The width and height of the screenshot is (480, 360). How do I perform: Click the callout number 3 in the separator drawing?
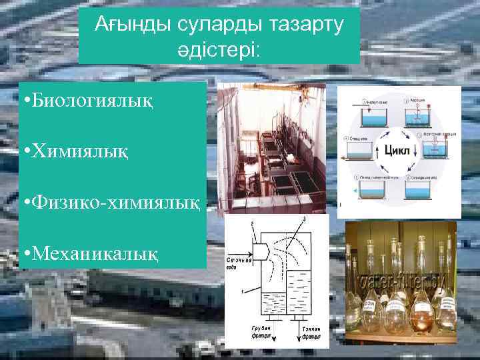[307, 219]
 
